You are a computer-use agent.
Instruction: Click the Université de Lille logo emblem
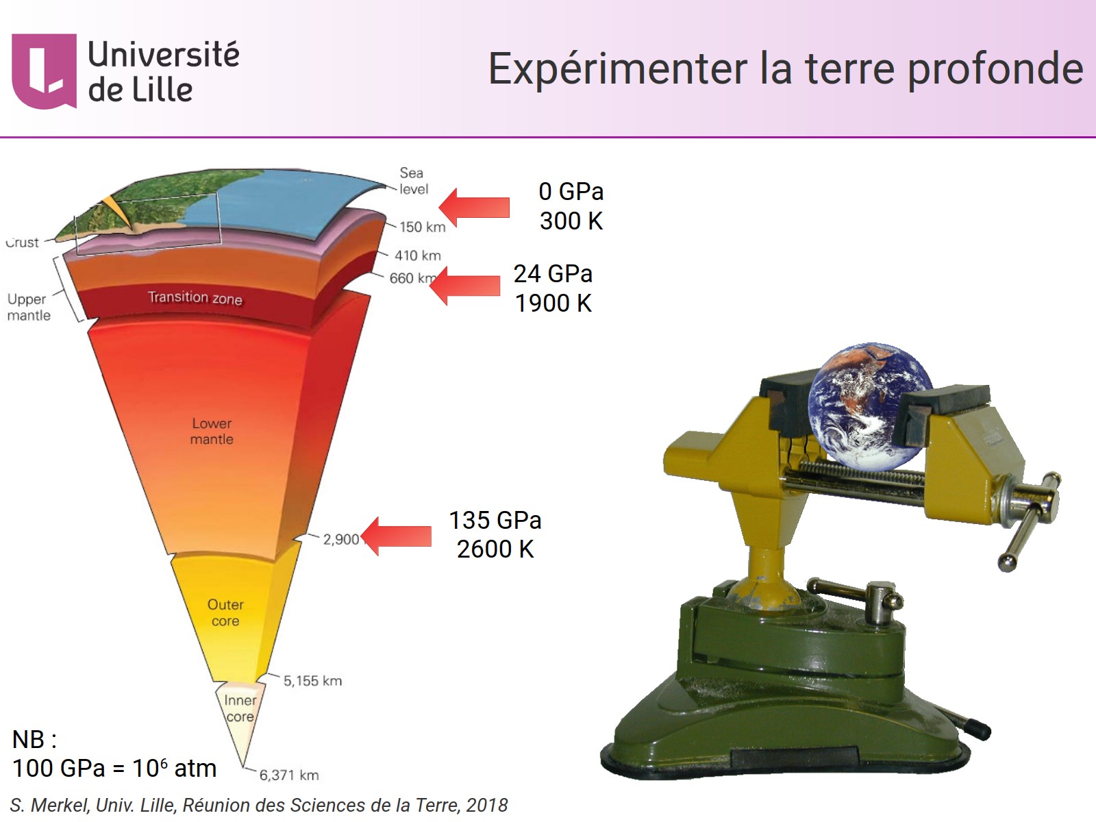[x=44, y=71]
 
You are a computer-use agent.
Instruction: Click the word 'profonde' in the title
[x=995, y=70]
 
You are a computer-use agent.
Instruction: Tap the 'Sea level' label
[x=413, y=181]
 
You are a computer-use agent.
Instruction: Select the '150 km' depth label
[x=422, y=227]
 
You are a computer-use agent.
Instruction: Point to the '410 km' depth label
[x=417, y=256]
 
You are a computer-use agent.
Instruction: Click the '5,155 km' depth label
[x=312, y=681]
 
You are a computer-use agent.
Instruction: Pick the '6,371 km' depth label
[x=288, y=775]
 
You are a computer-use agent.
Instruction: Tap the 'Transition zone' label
[x=195, y=298]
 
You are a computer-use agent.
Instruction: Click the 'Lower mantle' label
[x=212, y=432]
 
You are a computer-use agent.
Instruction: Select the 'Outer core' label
[x=225, y=613]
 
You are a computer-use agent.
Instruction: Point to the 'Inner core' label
[x=240, y=708]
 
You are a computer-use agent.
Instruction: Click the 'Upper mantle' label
[x=28, y=307]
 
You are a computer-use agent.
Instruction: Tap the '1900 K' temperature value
[x=553, y=303]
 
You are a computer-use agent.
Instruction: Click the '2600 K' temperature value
[x=495, y=549]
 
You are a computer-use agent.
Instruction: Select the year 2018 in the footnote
[x=486, y=806]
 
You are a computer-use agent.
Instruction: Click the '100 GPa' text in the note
[x=58, y=769]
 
